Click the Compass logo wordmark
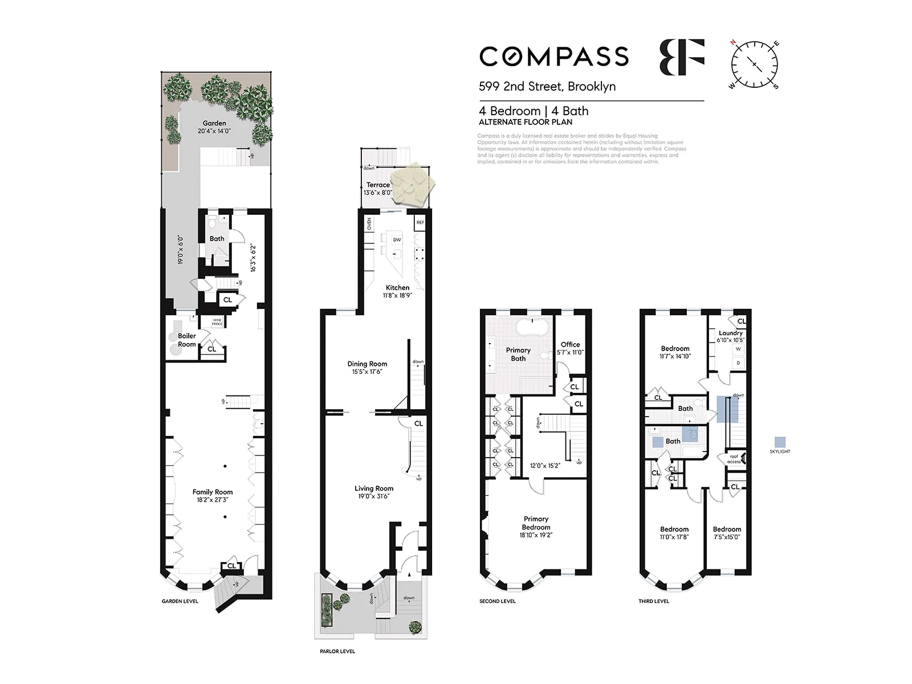pyautogui.click(x=554, y=56)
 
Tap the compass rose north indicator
pyautogui.click(x=734, y=43)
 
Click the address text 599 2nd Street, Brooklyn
pyautogui.click(x=547, y=87)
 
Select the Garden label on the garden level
pyautogui.click(x=214, y=123)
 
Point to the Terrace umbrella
pyautogui.click(x=415, y=182)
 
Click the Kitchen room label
pyautogui.click(x=397, y=288)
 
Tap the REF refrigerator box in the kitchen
pyautogui.click(x=420, y=222)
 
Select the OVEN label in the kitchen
pyautogui.click(x=369, y=224)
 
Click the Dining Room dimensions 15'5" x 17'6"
pyautogui.click(x=367, y=372)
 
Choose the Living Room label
pyautogui.click(x=374, y=488)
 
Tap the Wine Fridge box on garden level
pyautogui.click(x=217, y=322)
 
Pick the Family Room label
pyautogui.click(x=213, y=492)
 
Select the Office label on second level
pyautogui.click(x=570, y=344)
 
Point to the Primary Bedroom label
pyautogui.click(x=536, y=523)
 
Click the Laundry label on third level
pyautogui.click(x=730, y=333)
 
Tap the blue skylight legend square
pyautogui.click(x=780, y=442)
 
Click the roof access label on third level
pyautogui.click(x=734, y=459)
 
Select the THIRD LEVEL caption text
pyautogui.click(x=654, y=601)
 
